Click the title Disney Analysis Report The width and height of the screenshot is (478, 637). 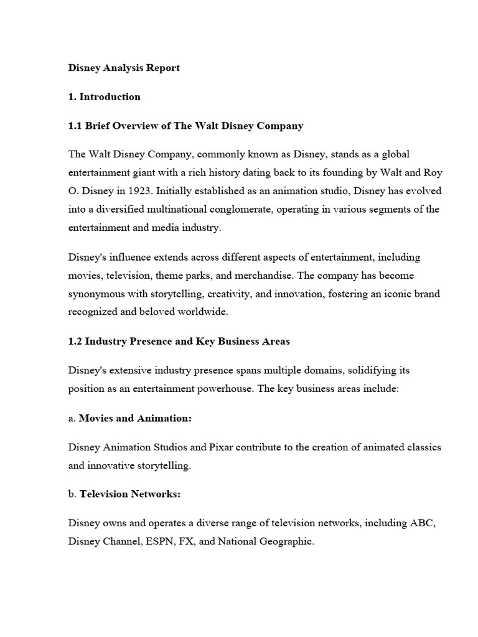[124, 68]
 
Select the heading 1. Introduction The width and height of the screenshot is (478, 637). [105, 96]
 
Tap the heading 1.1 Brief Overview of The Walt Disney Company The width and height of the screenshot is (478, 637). [185, 126]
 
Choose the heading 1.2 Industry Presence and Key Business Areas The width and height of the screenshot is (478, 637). [179, 342]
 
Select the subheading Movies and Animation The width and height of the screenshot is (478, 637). [135, 418]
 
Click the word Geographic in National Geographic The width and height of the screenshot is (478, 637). [283, 542]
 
